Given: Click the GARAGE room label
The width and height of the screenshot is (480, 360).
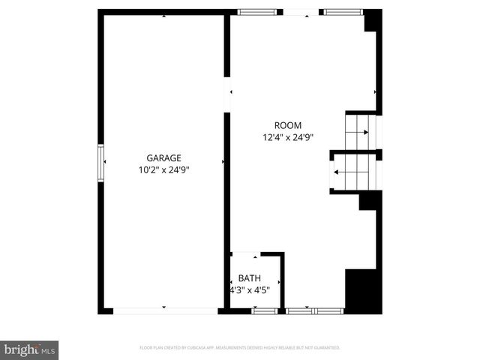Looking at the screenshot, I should [163, 157].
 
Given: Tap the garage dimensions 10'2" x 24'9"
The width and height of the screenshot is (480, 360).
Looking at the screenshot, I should [163, 170].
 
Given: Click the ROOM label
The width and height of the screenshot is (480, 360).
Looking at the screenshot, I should [287, 125].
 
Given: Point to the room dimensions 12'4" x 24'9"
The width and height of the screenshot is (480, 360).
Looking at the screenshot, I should [287, 137].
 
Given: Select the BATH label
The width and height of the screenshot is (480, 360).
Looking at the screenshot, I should [250, 277].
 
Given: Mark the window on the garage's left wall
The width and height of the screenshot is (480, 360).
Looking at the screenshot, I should [100, 163].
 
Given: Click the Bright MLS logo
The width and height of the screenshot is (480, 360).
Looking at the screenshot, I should [30, 349].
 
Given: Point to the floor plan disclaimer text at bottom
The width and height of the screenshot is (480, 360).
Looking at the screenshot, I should [240, 348].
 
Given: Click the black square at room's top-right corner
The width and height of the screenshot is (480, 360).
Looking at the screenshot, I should [373, 20].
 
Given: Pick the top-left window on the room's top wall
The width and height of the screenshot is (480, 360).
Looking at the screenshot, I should [256, 12].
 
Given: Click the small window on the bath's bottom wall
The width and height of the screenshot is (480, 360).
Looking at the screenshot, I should [263, 310].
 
